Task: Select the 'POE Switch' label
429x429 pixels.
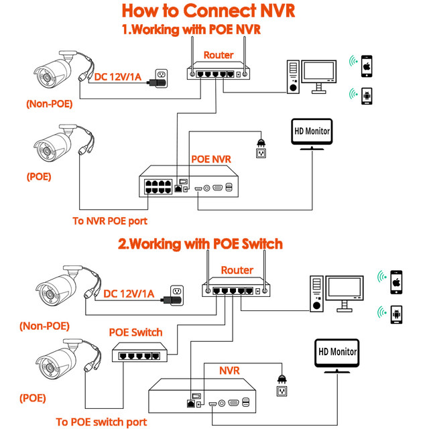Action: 135,332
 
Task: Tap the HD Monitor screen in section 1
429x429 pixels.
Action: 312,131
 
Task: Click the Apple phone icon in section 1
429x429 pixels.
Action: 367,64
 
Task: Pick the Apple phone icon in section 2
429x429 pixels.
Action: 395,279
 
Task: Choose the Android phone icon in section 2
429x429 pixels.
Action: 395,312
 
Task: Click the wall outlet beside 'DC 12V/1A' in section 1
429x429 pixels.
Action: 161,74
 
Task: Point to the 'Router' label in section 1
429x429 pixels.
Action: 219,55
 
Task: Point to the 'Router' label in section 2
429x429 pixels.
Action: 237,270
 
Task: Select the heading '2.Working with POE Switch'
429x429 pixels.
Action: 200,243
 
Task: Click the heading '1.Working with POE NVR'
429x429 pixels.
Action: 190,29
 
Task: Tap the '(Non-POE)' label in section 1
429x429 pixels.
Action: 49,104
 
